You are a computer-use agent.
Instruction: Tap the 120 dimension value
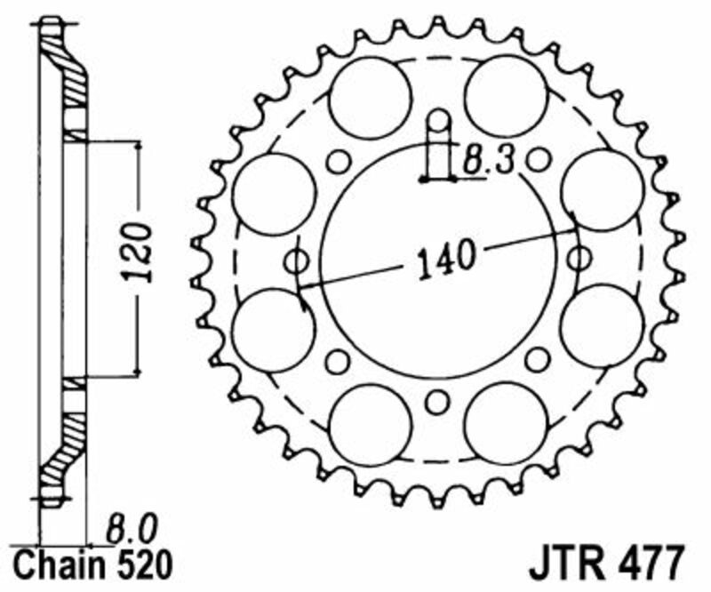pos(139,253)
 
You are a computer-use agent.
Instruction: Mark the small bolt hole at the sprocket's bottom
pos(435,402)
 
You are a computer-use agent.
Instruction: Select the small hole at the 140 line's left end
pos(296,261)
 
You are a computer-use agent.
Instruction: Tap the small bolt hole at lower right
pos(537,359)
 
